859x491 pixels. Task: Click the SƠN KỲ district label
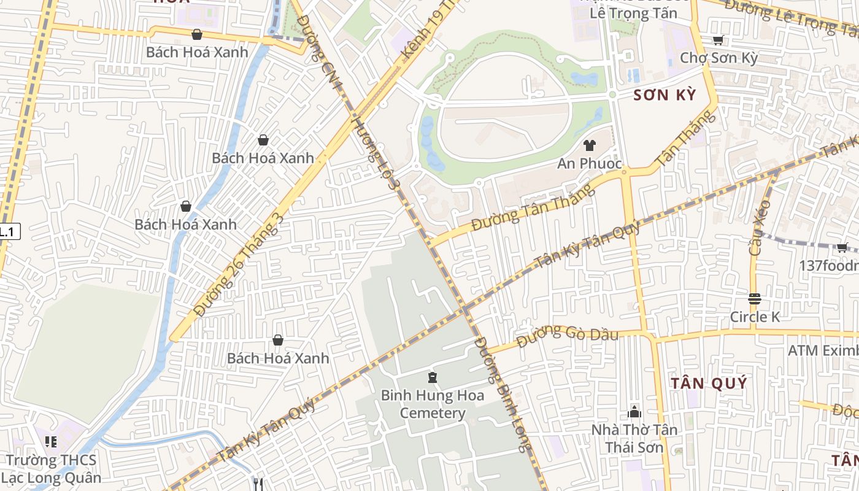(664, 95)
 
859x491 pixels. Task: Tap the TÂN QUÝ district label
(709, 384)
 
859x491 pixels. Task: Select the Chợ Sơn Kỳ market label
(718, 58)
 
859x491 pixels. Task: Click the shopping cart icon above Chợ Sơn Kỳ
(718, 41)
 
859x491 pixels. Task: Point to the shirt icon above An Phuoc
(589, 145)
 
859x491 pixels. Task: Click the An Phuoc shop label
(589, 164)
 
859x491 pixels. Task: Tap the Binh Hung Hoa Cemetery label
(433, 404)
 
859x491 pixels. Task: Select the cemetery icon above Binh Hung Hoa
(433, 377)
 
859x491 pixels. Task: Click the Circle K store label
(755, 317)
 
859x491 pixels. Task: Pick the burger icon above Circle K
(755, 299)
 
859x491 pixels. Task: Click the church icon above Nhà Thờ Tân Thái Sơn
(634, 411)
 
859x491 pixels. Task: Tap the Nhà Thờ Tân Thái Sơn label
(634, 438)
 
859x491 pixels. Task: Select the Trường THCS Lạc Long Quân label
(51, 469)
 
